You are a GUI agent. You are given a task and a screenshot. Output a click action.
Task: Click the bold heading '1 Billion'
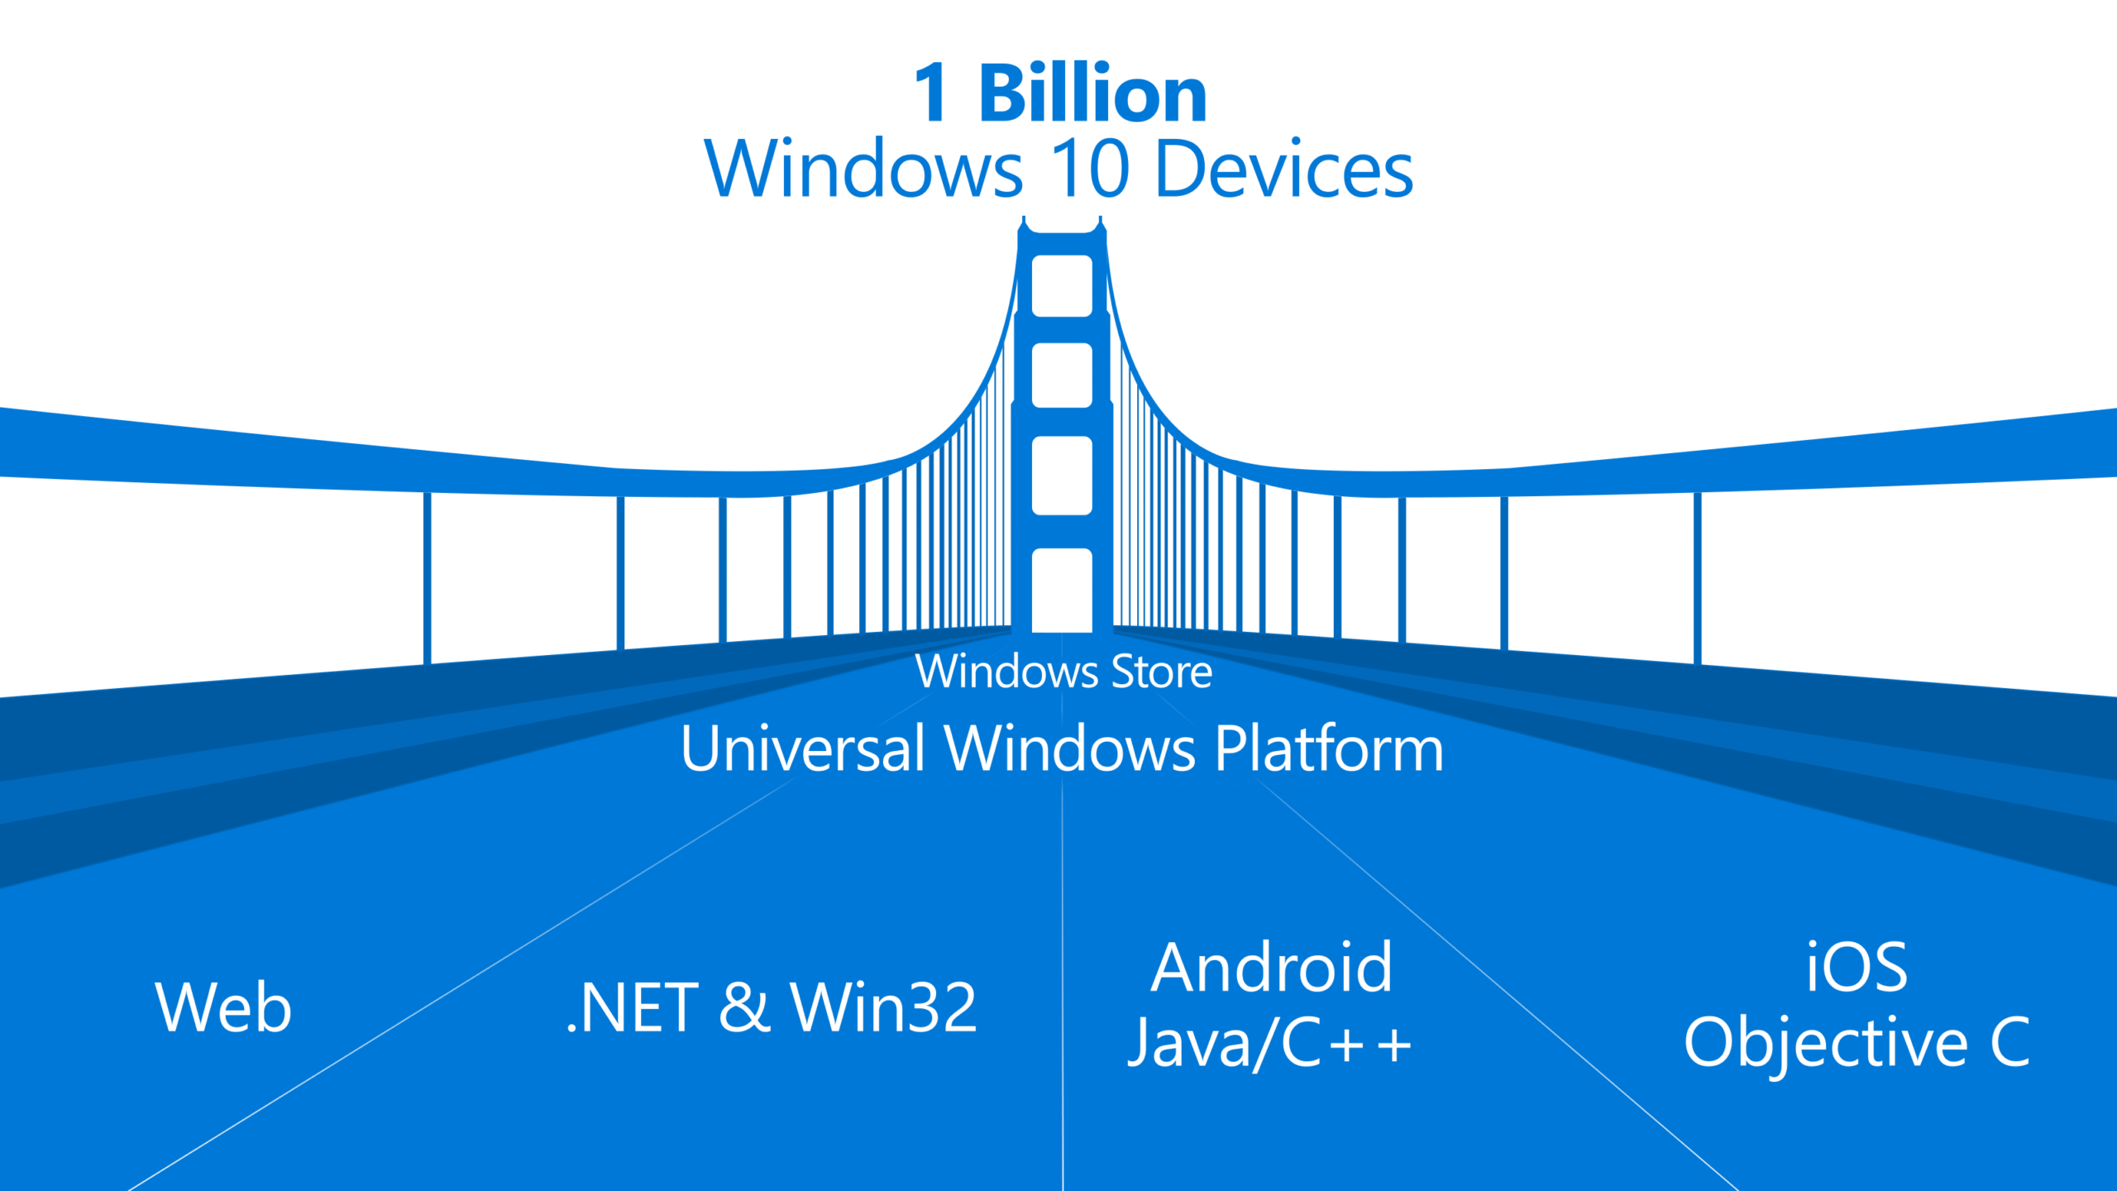1061,93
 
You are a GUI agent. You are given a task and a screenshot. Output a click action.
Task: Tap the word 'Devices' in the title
1284,169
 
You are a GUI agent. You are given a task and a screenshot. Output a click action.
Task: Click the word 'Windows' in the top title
863,169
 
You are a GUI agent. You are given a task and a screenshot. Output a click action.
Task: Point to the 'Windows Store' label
1063,672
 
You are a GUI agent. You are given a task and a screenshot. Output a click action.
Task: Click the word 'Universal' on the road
802,749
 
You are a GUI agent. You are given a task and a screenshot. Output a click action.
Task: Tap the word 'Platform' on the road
1329,749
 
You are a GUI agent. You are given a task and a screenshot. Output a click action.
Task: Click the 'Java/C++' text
1269,1044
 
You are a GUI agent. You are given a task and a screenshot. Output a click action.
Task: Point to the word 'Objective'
1826,1044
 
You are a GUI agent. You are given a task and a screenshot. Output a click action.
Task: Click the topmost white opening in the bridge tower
1062,285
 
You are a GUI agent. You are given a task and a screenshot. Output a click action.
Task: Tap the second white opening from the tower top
1062,375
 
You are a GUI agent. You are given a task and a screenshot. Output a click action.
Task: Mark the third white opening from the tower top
1062,476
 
